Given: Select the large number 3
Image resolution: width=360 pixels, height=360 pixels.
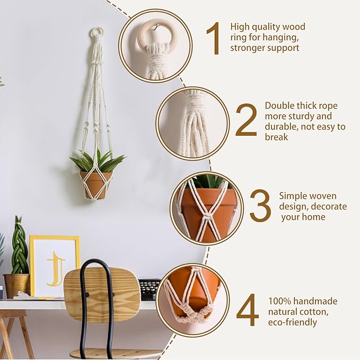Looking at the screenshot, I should pyautogui.click(x=260, y=205).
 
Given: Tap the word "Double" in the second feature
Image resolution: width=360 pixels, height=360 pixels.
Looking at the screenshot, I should pyautogui.click(x=279, y=106).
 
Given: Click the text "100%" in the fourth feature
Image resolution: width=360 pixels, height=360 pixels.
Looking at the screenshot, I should pyautogui.click(x=279, y=301).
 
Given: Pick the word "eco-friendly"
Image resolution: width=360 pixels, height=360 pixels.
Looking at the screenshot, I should pyautogui.click(x=293, y=322).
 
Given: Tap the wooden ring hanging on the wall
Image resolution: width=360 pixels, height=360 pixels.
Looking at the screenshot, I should pyautogui.click(x=96, y=33).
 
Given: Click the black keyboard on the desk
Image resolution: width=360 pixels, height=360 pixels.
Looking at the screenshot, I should pyautogui.click(x=150, y=289).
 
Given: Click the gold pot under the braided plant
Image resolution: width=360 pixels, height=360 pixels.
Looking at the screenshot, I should pyautogui.click(x=16, y=285).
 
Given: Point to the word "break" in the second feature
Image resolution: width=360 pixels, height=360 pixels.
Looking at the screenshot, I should pyautogui.click(x=276, y=137).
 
